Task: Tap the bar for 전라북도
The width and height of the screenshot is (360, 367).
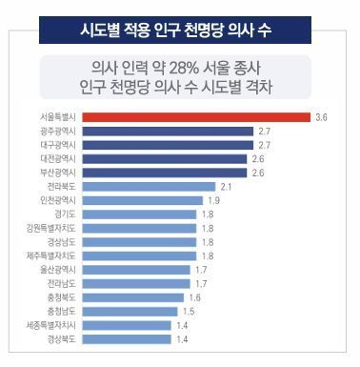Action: [x=148, y=187]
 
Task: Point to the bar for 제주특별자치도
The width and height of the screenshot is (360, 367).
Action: [x=138, y=256]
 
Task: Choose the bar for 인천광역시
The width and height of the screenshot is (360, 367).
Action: [x=142, y=200]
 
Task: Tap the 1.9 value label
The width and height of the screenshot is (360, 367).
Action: [x=214, y=200]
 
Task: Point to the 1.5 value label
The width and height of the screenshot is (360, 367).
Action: [x=189, y=311]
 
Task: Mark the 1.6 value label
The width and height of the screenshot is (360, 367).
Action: [x=194, y=297]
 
